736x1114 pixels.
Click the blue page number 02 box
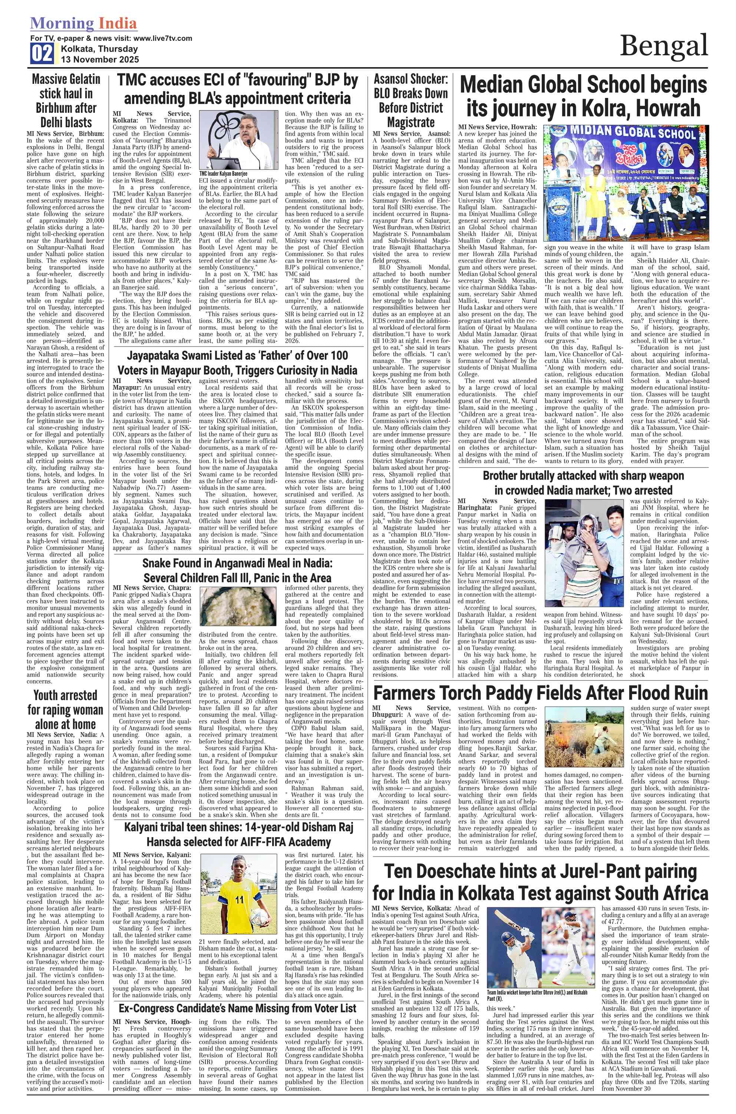(x=42, y=53)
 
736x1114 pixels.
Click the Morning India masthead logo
(x=83, y=23)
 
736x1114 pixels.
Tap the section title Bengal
(x=663, y=46)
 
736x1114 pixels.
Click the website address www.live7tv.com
(x=162, y=39)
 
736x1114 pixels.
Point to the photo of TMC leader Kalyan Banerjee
(x=238, y=140)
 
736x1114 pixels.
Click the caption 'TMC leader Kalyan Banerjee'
(x=223, y=173)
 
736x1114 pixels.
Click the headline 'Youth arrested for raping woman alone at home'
(x=65, y=709)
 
